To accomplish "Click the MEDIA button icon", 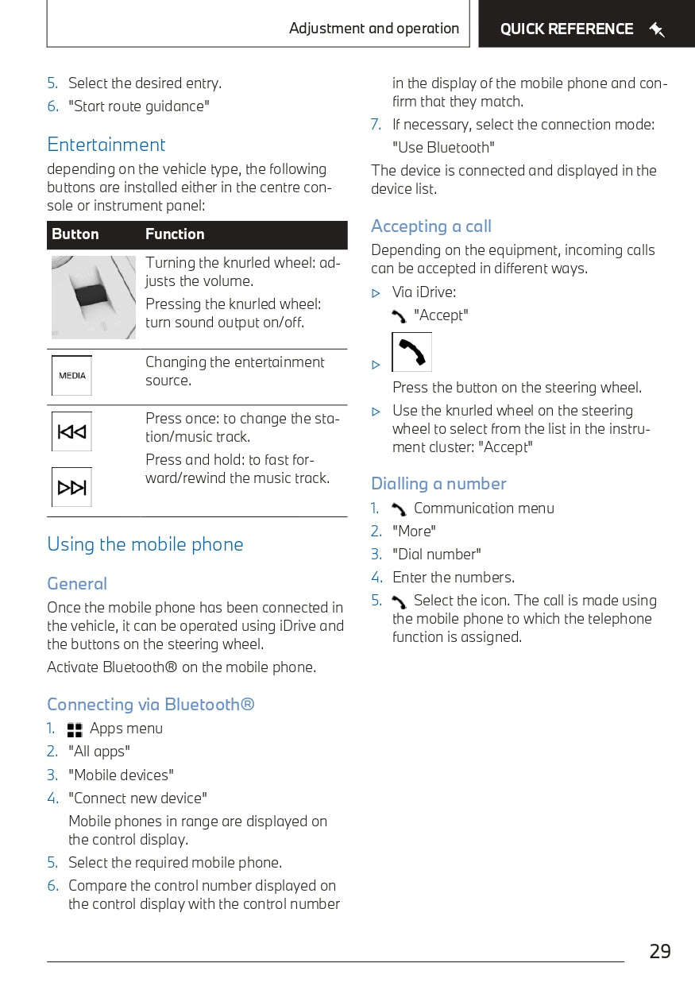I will [x=71, y=376].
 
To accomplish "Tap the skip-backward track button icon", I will [x=71, y=432].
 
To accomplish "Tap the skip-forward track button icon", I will [x=71, y=487].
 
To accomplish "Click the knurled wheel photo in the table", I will [x=94, y=297].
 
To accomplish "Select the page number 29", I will [x=659, y=951].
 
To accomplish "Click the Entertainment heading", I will [x=106, y=145].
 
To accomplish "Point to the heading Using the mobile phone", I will [x=145, y=544].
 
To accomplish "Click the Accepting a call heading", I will [x=431, y=226].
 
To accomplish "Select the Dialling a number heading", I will [x=438, y=484].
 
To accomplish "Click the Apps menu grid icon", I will [x=75, y=729].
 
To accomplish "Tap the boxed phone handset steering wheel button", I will [x=411, y=352].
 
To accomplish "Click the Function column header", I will [x=175, y=234].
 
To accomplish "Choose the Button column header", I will [x=75, y=234].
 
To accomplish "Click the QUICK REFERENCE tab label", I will [x=566, y=29].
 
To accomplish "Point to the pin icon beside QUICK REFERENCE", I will [x=656, y=30].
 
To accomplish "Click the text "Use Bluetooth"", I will [x=443, y=148].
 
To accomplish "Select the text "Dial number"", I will [x=437, y=555].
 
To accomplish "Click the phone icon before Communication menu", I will [x=399, y=509].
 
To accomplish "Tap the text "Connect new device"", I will [x=137, y=798].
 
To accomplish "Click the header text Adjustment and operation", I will [x=374, y=29].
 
